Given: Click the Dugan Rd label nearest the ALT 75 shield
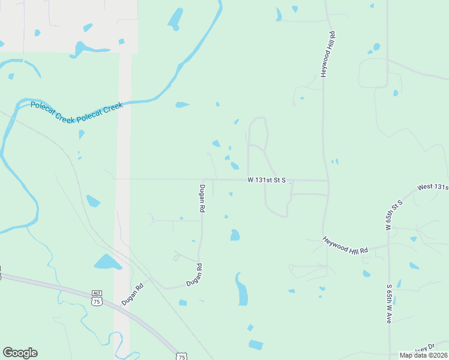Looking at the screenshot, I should [x=134, y=295].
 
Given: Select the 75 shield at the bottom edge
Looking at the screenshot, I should [x=181, y=356].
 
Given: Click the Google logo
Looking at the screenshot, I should [x=20, y=353].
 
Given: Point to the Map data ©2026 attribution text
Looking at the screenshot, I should [x=423, y=355].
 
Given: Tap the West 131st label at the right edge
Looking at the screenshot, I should [x=433, y=187].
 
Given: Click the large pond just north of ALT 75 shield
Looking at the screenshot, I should [x=107, y=262].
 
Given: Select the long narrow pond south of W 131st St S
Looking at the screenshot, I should [x=242, y=290].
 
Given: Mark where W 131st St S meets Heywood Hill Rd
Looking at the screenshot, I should [x=328, y=181].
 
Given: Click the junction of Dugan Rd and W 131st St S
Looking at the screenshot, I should [x=203, y=179].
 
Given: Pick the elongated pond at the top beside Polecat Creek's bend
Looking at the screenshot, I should [x=176, y=19].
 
